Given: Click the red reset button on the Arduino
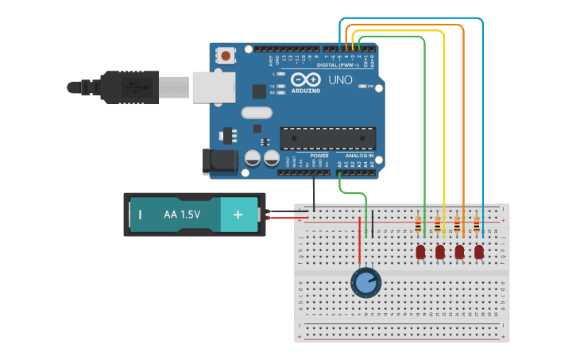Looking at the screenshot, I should click(226, 56).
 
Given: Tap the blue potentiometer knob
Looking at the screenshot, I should click(365, 282).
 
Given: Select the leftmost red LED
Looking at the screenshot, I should click(420, 252).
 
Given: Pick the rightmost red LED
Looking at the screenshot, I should click(479, 252).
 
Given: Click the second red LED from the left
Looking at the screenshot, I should click(440, 252).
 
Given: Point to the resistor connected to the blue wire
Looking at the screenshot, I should click(477, 226).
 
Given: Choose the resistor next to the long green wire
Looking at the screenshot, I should click(418, 226).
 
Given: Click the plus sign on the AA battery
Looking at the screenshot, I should click(238, 215).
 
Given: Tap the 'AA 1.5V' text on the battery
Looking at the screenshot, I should click(182, 215).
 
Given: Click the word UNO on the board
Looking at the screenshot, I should click(341, 80).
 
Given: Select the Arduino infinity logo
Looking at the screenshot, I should click(306, 79).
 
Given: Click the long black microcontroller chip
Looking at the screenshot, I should click(327, 138).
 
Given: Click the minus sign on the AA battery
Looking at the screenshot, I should click(140, 215).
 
